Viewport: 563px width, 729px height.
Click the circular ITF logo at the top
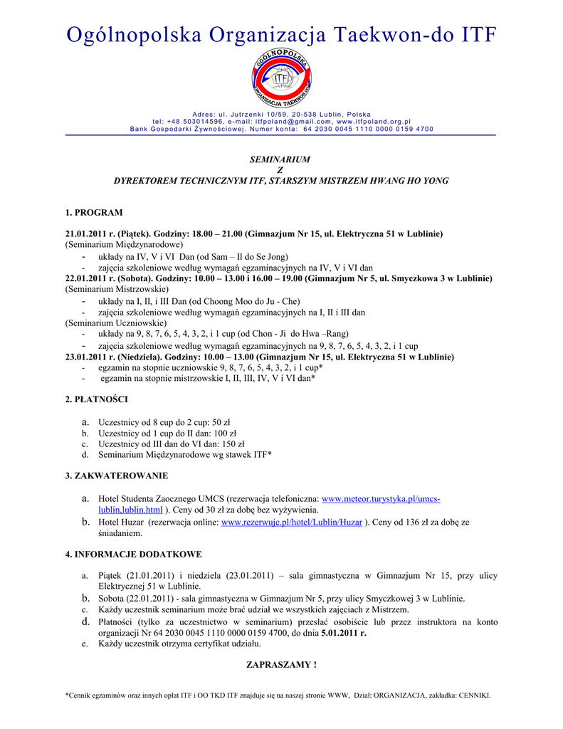coord(281,79)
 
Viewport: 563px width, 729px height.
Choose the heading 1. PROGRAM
coord(94,212)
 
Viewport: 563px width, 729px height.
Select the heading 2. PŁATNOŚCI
coord(97,400)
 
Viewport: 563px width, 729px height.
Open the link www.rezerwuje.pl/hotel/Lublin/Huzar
coord(292,522)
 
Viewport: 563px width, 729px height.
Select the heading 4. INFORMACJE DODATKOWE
coord(133,554)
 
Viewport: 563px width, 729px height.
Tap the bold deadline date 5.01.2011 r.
coord(344,632)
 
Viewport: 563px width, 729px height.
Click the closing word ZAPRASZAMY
coord(278,664)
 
